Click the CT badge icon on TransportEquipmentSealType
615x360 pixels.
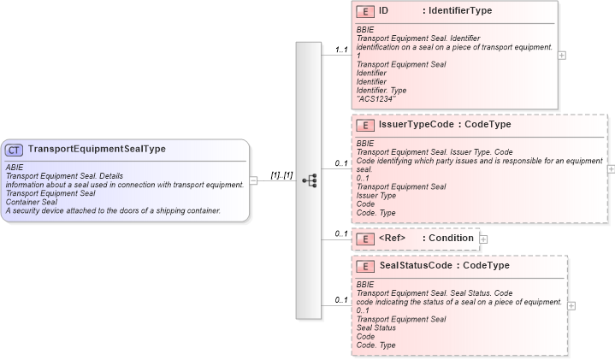[x=15, y=150]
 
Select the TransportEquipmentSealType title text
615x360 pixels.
[x=97, y=150]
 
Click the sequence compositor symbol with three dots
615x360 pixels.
[x=309, y=181]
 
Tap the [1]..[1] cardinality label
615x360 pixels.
[x=281, y=175]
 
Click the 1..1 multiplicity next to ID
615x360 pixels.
[x=340, y=50]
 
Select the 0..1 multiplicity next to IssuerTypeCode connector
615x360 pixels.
[x=340, y=162]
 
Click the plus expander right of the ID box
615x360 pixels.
[x=561, y=55]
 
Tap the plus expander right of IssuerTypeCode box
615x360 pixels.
[x=610, y=168]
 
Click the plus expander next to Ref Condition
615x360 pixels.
[x=483, y=239]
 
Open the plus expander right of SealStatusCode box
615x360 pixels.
[x=571, y=305]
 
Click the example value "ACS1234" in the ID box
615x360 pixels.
[x=376, y=98]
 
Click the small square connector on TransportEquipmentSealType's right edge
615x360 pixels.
[x=252, y=181]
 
